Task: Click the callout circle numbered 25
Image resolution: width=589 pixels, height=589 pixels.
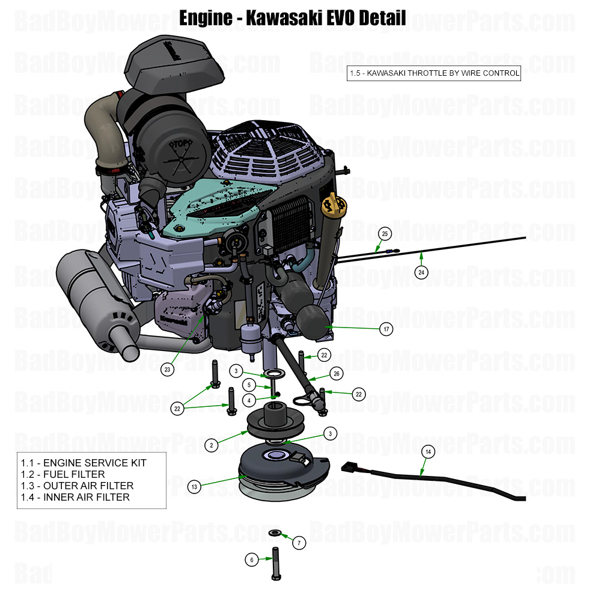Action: click(x=385, y=233)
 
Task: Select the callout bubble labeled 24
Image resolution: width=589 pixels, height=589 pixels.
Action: click(x=421, y=272)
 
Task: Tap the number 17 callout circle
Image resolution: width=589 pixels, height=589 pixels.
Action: click(x=386, y=329)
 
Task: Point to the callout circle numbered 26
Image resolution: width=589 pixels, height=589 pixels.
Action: click(x=337, y=374)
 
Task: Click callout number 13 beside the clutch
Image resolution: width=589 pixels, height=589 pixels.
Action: click(x=194, y=487)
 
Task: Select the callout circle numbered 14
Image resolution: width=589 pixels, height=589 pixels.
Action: click(x=428, y=451)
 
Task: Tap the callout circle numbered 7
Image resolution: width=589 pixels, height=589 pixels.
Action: click(x=299, y=543)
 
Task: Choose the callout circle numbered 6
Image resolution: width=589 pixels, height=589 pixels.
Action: click(x=252, y=560)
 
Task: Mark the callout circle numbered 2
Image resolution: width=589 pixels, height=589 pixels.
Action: click(x=211, y=445)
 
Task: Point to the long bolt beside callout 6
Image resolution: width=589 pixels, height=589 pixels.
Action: click(x=276, y=562)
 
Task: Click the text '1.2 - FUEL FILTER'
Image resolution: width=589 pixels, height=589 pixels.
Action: click(x=63, y=474)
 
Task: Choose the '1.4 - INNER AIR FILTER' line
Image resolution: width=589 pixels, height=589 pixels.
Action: click(x=75, y=497)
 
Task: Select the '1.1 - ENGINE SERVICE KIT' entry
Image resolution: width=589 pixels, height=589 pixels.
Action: click(x=84, y=463)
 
